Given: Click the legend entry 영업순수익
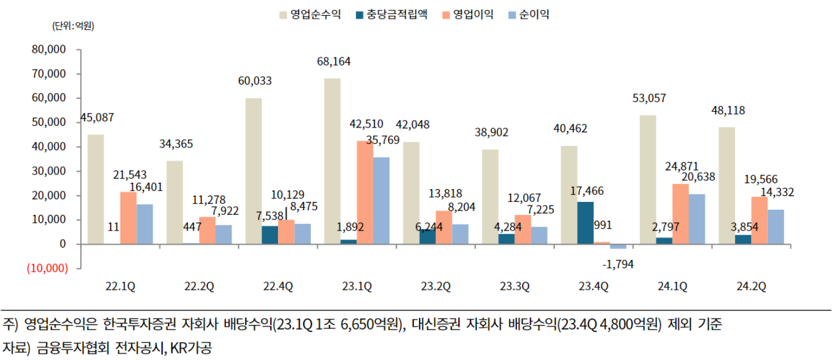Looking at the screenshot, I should [x=318, y=14].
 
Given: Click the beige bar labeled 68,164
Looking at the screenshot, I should [x=332, y=161].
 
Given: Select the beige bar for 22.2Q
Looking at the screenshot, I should [x=174, y=202].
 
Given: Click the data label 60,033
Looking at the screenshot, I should [x=254, y=81].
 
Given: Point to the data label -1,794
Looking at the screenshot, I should [x=617, y=265].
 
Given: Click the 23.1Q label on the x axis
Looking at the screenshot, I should [x=357, y=286].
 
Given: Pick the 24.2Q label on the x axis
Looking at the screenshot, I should [x=751, y=286].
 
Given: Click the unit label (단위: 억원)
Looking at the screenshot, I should [x=73, y=26].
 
